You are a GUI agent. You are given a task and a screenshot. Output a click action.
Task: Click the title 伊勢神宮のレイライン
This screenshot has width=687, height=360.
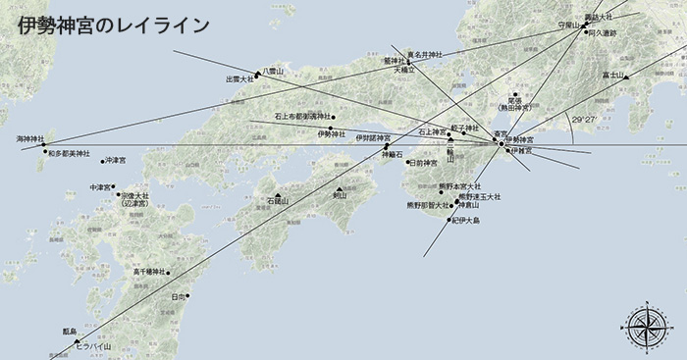[x=113, y=26]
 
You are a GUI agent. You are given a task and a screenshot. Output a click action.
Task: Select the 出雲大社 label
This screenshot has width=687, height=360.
[x=239, y=79]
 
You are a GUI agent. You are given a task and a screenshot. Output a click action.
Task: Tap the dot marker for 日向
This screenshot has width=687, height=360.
[x=186, y=295]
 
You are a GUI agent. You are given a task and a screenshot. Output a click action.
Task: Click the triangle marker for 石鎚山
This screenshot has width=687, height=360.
[x=279, y=194]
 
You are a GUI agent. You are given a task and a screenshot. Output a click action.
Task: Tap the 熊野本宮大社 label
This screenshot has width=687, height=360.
[x=459, y=185]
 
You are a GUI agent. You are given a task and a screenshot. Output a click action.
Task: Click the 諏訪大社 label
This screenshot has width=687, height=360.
[x=598, y=17]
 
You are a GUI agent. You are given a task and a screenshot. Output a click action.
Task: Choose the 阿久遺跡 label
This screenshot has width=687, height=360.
[x=602, y=32]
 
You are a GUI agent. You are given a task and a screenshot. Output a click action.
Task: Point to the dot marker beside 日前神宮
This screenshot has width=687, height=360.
[x=407, y=162]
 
